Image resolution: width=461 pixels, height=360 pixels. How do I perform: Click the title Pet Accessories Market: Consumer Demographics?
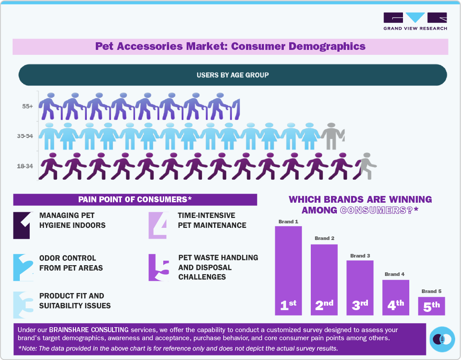click(230, 46)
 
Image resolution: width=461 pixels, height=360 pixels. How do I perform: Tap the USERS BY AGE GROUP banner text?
click(233, 75)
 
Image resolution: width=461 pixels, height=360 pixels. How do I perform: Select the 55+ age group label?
click(28, 107)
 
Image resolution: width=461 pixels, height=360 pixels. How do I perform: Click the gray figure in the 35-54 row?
click(333, 136)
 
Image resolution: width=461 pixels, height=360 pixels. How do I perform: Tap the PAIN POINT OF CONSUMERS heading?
click(135, 200)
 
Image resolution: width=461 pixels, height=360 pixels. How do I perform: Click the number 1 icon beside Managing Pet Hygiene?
click(22, 225)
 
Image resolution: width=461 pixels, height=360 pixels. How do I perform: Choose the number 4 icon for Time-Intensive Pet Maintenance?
click(158, 225)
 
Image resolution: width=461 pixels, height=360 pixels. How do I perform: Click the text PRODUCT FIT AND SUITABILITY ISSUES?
click(75, 301)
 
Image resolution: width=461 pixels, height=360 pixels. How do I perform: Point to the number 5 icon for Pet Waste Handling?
click(158, 268)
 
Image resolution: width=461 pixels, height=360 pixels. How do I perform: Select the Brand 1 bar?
click(288, 270)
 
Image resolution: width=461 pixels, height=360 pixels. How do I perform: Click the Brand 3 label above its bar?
click(360, 256)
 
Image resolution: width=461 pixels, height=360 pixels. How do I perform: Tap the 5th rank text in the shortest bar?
click(431, 307)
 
